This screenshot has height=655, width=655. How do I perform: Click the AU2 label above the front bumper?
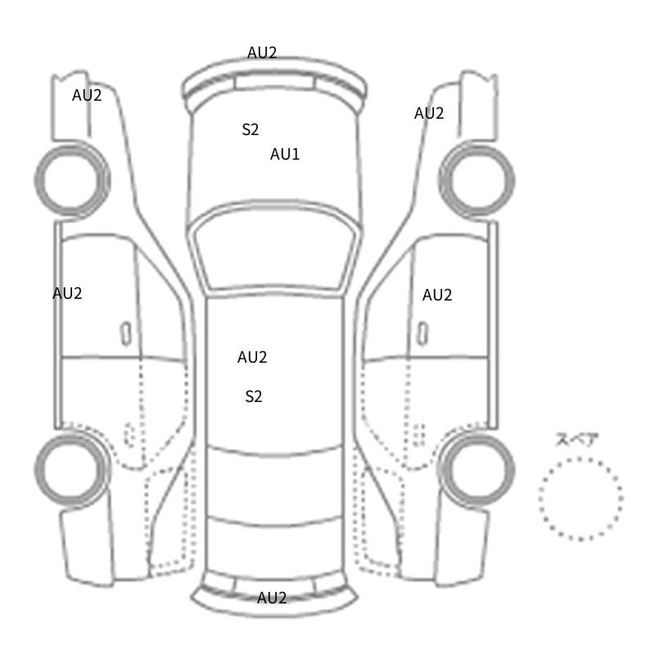pos(262,52)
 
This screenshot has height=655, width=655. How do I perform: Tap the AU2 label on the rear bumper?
pos(272,598)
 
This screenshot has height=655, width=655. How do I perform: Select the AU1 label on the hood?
pos(285,154)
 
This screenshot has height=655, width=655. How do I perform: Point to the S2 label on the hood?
pos(251,129)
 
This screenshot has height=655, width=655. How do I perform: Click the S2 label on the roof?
pos(254,396)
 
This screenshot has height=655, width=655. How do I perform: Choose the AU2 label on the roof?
pos(252,357)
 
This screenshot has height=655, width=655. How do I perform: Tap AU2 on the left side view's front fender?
pos(87,95)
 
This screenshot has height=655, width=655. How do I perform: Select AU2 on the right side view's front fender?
pos(429,113)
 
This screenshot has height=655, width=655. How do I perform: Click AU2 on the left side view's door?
pos(67,293)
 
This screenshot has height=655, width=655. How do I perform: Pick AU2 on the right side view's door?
pos(437,295)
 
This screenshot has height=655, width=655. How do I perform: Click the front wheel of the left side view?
pos(72,180)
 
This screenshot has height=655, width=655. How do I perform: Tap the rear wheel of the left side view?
pos(71,469)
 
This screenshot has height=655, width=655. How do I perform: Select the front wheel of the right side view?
pos(477,180)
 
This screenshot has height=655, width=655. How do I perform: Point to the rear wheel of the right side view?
pos(477,469)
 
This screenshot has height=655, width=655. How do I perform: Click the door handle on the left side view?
pos(126,334)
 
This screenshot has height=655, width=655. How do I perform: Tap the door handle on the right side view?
pos(422,334)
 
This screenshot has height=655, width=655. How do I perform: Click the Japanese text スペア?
pos(571,440)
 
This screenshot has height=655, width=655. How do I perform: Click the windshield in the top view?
pos(274,247)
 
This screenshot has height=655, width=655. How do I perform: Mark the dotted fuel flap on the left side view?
pos(129,436)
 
